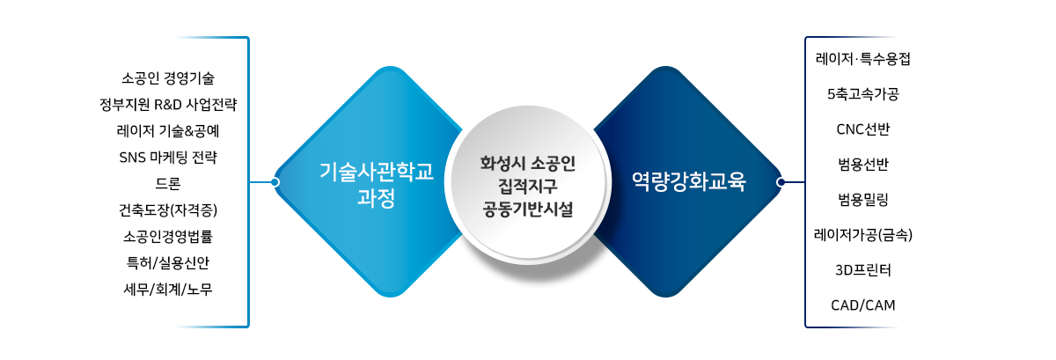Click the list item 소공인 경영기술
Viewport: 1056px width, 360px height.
tap(168, 77)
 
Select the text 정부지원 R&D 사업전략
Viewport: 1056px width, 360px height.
tap(168, 104)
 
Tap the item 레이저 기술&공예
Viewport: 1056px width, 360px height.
tap(168, 130)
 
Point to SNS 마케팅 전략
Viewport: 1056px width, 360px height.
tap(168, 158)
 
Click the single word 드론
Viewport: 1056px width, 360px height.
tap(168, 184)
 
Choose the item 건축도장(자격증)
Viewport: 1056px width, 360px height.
tap(168, 210)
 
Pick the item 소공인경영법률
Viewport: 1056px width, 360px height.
tap(168, 236)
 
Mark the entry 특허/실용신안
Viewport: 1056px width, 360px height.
tap(168, 262)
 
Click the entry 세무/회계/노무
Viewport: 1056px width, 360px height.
tap(168, 289)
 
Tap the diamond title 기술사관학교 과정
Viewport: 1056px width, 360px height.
tap(377, 185)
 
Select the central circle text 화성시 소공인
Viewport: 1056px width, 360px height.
tap(527, 163)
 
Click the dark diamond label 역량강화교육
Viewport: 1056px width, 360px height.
tap(689, 181)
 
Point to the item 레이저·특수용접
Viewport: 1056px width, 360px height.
tap(862, 59)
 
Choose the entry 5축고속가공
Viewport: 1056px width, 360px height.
tap(862, 94)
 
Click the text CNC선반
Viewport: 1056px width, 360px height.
tap(862, 129)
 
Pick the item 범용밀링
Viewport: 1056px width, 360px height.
tap(862, 200)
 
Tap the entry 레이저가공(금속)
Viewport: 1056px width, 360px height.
tap(862, 235)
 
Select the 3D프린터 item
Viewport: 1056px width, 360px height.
tap(862, 270)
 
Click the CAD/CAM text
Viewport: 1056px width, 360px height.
tap(862, 305)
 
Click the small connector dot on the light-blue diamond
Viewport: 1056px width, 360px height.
tap(275, 182)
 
